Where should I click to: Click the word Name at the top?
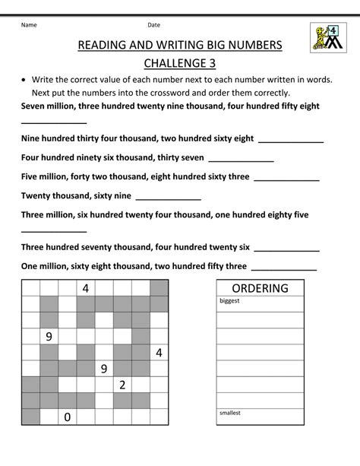(29, 25)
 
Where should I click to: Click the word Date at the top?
(153, 25)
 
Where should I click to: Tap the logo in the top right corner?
(327, 37)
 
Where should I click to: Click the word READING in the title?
(104, 46)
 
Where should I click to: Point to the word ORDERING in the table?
(260, 289)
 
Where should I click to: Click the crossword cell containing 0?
(68, 417)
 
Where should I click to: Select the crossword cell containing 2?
(122, 385)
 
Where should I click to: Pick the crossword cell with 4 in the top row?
(86, 289)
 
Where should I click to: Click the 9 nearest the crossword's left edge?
(49, 337)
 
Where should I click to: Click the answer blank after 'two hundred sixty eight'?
(291, 141)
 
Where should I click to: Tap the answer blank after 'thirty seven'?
(241, 160)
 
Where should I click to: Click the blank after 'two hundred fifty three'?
(283, 268)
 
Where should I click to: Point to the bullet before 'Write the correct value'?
(27, 80)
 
